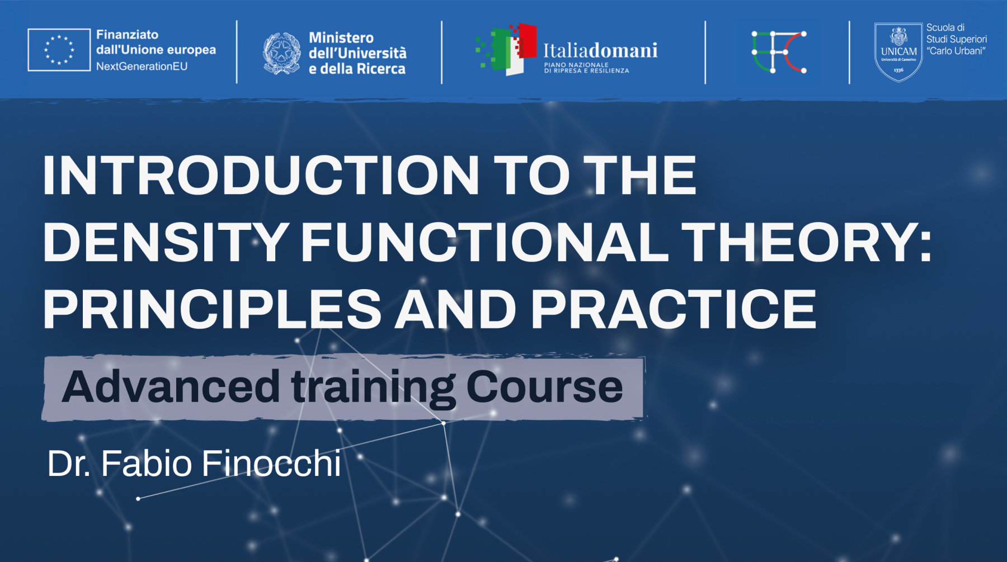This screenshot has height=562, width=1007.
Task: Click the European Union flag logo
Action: [x=59, y=50]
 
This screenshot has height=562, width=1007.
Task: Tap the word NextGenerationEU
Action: [x=142, y=66]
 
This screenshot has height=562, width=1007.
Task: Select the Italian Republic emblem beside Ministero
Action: [x=281, y=53]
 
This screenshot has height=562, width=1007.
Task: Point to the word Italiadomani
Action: [x=600, y=50]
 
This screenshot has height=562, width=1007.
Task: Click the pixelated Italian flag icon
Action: [x=506, y=49]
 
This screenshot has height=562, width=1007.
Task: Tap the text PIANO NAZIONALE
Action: [x=576, y=65]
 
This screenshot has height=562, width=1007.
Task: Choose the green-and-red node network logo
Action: [x=779, y=52]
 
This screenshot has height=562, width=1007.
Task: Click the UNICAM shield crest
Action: [x=898, y=52]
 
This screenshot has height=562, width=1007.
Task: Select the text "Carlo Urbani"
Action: [x=956, y=51]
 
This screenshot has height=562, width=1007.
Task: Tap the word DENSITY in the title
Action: [x=166, y=242]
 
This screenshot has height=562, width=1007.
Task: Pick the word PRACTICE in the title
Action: [x=674, y=309]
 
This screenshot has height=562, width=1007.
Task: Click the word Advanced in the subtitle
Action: [x=171, y=386]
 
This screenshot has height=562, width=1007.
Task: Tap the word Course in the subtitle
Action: [x=544, y=386]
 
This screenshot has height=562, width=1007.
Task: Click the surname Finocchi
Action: [x=271, y=463]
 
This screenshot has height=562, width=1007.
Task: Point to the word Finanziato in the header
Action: [x=127, y=35]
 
